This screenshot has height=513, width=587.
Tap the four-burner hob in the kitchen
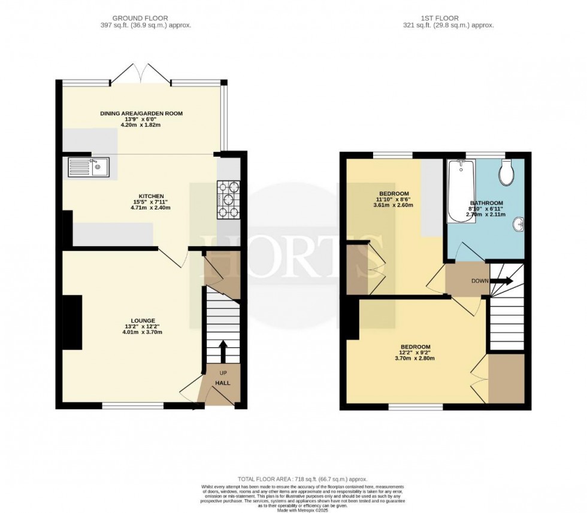228,199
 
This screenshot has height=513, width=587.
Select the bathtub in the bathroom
461,191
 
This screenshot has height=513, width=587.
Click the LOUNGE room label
144,321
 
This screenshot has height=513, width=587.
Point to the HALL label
223,383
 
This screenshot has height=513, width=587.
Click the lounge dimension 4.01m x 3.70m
144,332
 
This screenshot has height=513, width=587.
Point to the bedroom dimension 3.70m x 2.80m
414,359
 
